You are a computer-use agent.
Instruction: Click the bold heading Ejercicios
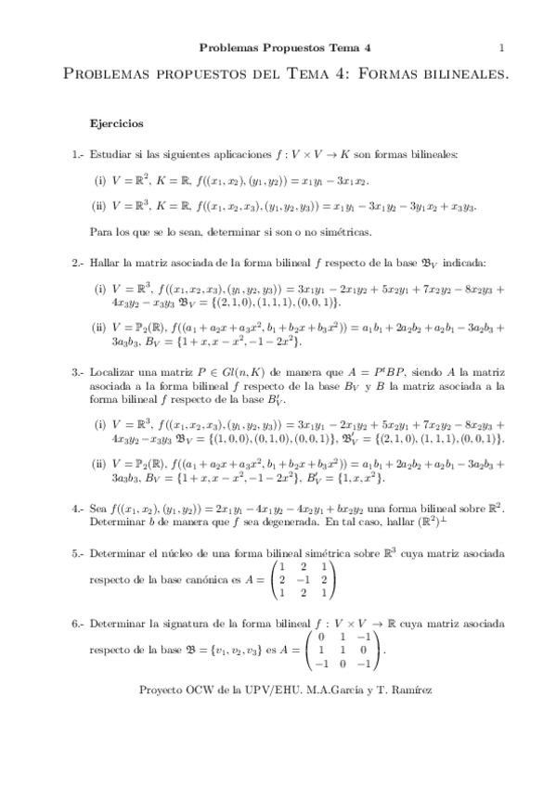[x=116, y=123]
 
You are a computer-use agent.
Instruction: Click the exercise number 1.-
[x=78, y=155]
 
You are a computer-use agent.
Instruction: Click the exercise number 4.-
[x=78, y=509]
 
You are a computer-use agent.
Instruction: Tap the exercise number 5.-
[x=78, y=553]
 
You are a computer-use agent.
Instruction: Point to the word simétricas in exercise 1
[x=320, y=230]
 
